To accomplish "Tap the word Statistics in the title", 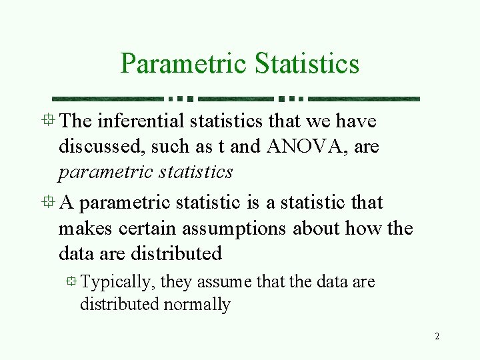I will (307, 63).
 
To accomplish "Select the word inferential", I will (141, 121).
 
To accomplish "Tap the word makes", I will (85, 229).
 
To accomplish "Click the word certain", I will (147, 229).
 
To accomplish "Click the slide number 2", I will (437, 336).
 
